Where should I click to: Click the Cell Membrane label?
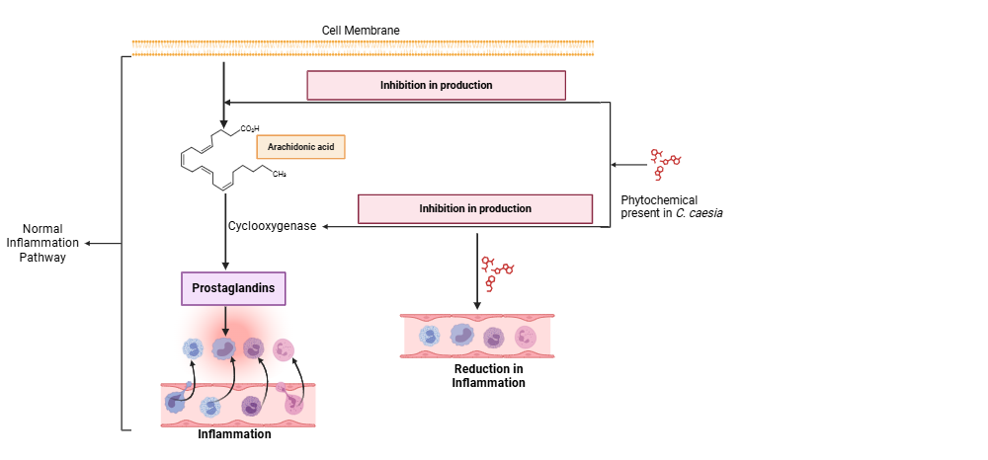[x=361, y=31]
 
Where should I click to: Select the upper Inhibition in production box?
[x=436, y=85]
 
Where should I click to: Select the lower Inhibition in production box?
[x=474, y=208]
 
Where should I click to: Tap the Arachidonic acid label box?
[x=301, y=147]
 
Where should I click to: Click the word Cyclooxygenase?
[x=273, y=226]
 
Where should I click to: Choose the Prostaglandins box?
[x=232, y=288]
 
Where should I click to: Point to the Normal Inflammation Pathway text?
[x=43, y=242]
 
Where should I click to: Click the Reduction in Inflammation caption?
[x=488, y=375]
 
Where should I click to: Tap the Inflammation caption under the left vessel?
[x=234, y=434]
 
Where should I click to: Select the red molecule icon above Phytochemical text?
[x=664, y=164]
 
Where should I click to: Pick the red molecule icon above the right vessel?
[x=498, y=271]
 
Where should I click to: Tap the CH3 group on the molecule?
[x=280, y=174]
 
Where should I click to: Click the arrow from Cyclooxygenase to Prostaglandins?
[x=226, y=249]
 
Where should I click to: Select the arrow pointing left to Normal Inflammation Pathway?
[x=103, y=242]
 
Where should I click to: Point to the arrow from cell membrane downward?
[x=224, y=84]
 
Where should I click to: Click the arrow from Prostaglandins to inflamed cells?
[x=226, y=320]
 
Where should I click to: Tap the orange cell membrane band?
[x=363, y=47]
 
